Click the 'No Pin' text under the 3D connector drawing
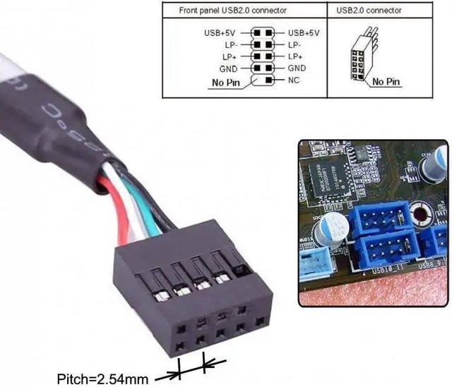point(385,82)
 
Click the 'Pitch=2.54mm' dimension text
point(105,379)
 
